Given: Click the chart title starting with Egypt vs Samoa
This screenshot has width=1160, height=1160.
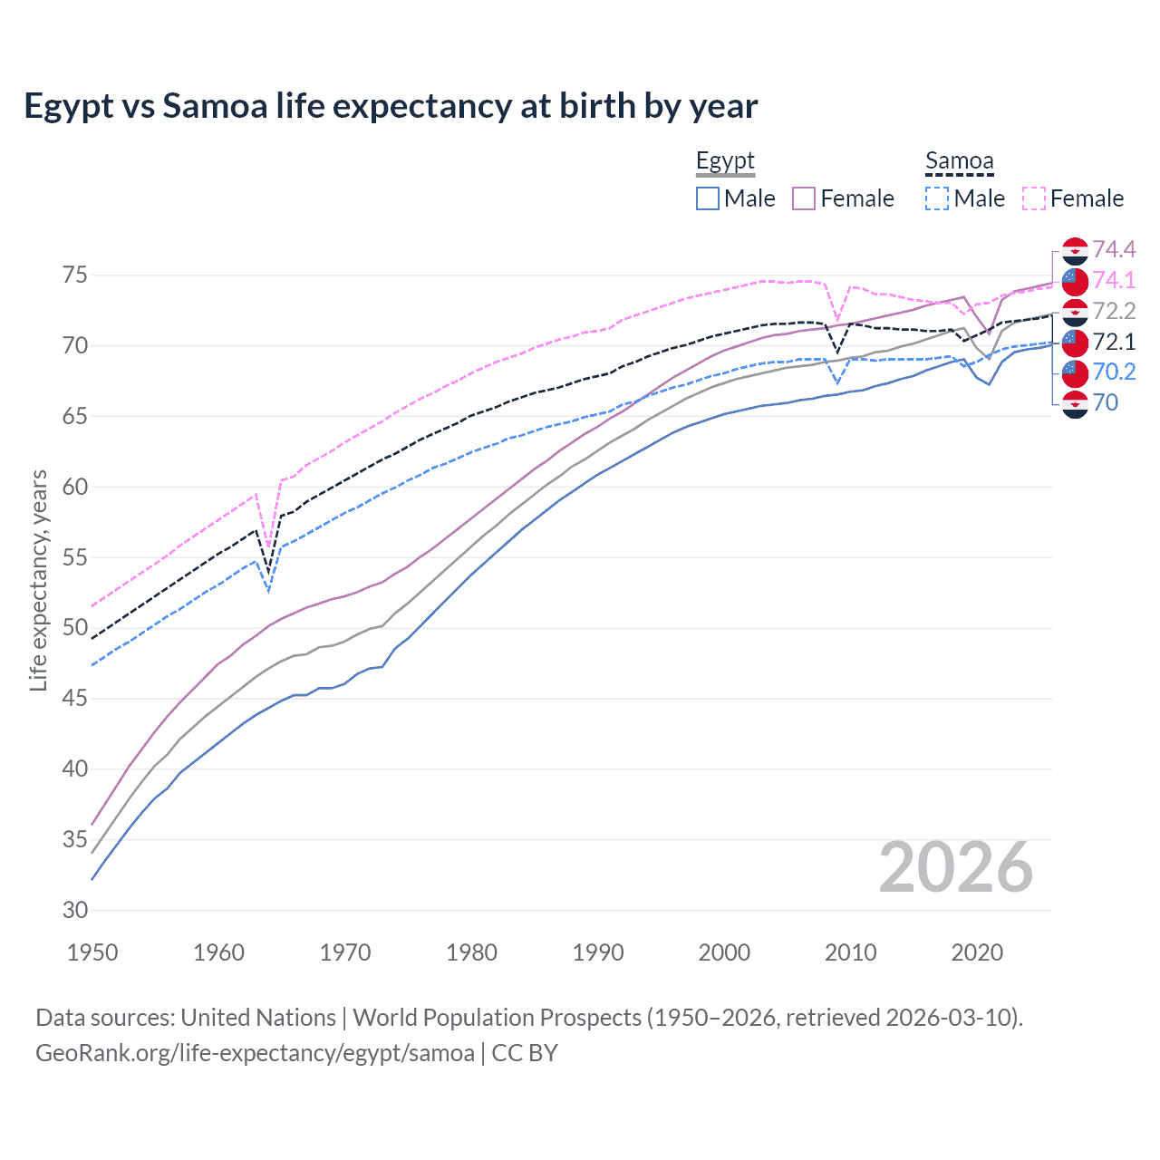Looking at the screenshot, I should click(x=390, y=106).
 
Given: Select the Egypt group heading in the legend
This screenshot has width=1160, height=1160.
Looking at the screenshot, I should click(x=725, y=161).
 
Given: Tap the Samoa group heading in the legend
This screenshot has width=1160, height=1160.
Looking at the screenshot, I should click(x=959, y=161).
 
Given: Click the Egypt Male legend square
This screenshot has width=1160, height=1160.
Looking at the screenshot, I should click(x=708, y=198).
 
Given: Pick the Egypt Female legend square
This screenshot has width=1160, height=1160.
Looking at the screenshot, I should click(x=804, y=198).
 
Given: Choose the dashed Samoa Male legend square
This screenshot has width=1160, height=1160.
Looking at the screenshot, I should click(x=937, y=198).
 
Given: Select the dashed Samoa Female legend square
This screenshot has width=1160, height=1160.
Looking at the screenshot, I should click(x=1034, y=198).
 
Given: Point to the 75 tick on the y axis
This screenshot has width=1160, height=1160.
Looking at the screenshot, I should click(x=75, y=275).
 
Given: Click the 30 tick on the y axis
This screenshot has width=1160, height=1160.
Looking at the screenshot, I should click(x=75, y=910).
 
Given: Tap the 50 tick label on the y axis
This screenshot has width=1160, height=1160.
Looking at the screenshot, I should click(x=75, y=628).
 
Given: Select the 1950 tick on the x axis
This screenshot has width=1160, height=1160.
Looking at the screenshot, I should click(x=92, y=952).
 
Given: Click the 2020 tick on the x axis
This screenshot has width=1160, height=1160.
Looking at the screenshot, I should click(x=977, y=952).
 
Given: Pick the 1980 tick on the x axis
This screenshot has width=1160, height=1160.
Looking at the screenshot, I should click(x=471, y=952).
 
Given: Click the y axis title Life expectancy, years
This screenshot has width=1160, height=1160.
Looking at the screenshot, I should click(x=38, y=580).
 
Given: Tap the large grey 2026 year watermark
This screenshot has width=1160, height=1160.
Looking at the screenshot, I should click(x=955, y=867).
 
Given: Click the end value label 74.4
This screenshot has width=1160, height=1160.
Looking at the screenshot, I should click(x=1114, y=249).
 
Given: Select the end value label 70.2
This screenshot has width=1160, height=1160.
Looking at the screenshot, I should click(x=1114, y=372).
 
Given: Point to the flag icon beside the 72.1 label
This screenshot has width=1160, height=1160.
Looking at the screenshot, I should click(x=1075, y=343).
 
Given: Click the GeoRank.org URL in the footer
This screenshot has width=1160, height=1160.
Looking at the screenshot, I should click(x=255, y=1053).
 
